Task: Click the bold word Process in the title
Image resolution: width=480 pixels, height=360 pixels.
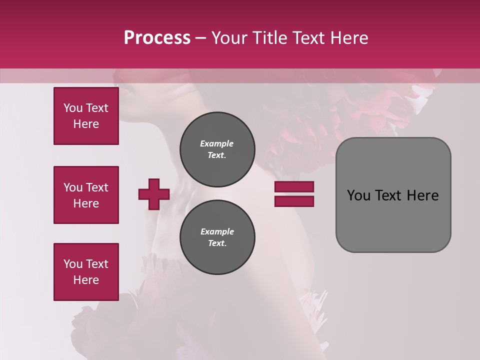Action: [x=157, y=37]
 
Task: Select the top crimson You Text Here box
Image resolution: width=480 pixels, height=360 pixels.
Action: [x=86, y=116]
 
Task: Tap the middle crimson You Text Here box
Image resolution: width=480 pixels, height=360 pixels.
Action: [x=86, y=195]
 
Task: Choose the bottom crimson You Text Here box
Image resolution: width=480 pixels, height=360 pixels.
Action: [x=86, y=272]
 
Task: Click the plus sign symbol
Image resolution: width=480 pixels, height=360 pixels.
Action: [x=154, y=194]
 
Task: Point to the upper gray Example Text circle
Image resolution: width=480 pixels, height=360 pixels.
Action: [x=217, y=149]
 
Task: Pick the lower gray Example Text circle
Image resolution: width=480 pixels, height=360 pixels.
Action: [x=217, y=237]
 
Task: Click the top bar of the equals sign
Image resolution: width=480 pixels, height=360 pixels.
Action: [x=294, y=187]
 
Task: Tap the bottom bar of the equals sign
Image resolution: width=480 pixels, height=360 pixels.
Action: [x=294, y=201]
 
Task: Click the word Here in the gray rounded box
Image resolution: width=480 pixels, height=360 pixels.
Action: [x=422, y=195]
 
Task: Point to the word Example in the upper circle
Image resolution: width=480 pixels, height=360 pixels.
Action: [x=217, y=143]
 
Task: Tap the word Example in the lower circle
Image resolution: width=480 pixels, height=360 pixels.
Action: [x=217, y=231]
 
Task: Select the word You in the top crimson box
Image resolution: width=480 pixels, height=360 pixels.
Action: [x=72, y=108]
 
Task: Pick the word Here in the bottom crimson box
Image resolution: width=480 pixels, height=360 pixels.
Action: [x=86, y=280]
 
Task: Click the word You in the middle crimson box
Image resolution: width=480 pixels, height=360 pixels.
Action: [x=72, y=187]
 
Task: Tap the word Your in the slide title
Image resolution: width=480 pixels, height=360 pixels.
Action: [x=229, y=37]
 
